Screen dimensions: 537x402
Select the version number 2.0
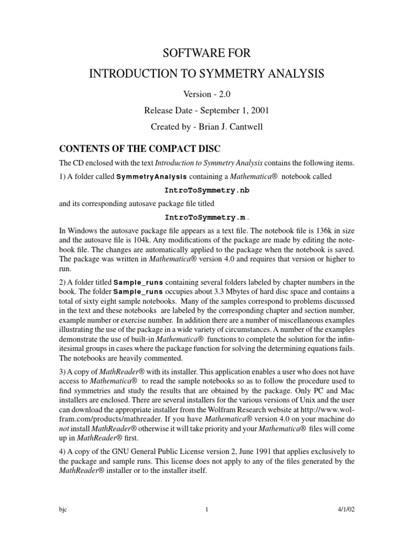click(211, 94)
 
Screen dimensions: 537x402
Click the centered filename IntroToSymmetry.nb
click(200, 190)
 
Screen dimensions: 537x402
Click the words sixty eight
click(85, 301)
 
